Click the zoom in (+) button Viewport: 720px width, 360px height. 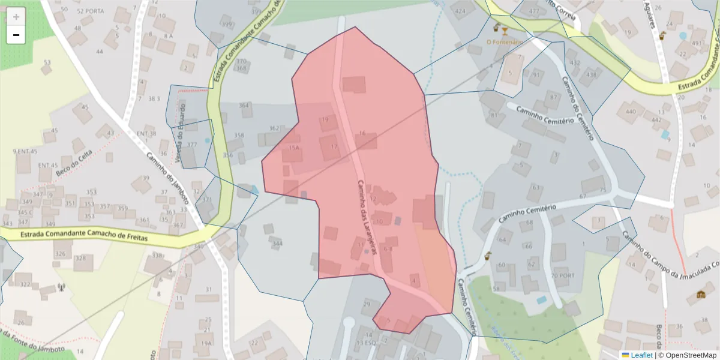point(16,17)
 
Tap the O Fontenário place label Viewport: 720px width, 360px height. point(502,42)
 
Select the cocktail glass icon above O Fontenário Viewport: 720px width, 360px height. point(505,30)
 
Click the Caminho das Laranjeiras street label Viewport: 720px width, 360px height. point(367,218)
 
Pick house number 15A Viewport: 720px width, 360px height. point(293,148)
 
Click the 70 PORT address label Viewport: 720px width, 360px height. point(562,275)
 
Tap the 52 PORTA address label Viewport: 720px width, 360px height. point(91,11)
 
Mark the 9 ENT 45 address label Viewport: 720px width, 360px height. point(25,151)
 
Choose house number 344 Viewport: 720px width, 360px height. point(277,244)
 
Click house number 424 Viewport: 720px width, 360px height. point(461,11)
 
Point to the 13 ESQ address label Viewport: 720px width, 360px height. point(365,343)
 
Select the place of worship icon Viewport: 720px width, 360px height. point(701,294)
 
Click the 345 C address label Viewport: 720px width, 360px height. point(26,212)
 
